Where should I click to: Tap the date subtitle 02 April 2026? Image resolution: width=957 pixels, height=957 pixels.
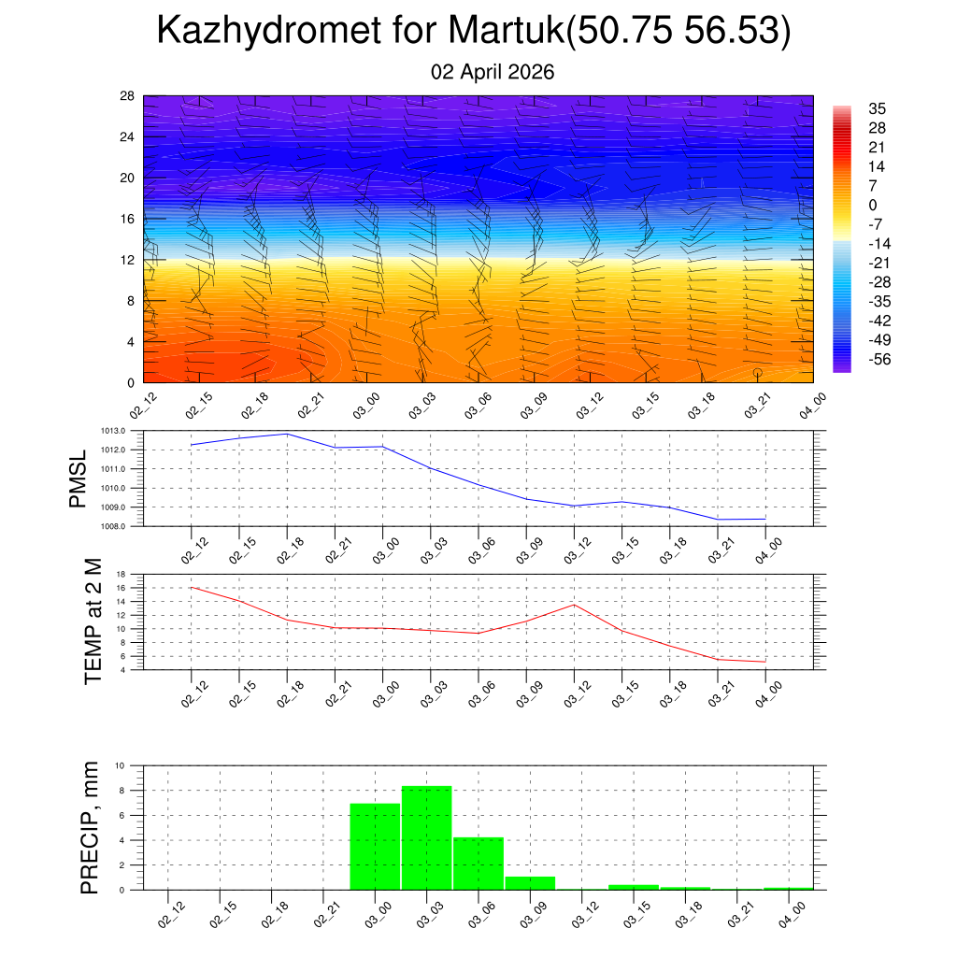click(x=493, y=72)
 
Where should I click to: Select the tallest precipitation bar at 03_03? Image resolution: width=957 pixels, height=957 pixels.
click(x=427, y=838)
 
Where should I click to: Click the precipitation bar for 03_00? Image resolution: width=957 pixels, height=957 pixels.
click(x=375, y=847)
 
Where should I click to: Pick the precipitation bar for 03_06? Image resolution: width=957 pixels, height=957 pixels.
click(x=478, y=864)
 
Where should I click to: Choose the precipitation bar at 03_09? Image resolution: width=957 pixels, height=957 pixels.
click(x=530, y=883)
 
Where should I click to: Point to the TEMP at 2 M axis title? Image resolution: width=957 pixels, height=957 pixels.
click(x=93, y=622)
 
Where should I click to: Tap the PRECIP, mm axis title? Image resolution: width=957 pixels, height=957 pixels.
click(x=89, y=828)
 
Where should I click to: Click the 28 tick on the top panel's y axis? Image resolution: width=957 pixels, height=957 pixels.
click(x=127, y=96)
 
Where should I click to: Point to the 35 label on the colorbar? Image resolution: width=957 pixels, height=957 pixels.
click(x=877, y=108)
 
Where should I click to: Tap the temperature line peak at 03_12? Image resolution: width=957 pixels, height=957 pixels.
click(x=574, y=605)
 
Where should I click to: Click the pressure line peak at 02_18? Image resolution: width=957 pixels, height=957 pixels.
click(x=287, y=434)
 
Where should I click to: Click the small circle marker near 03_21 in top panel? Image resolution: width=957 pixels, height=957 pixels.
click(x=757, y=373)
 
